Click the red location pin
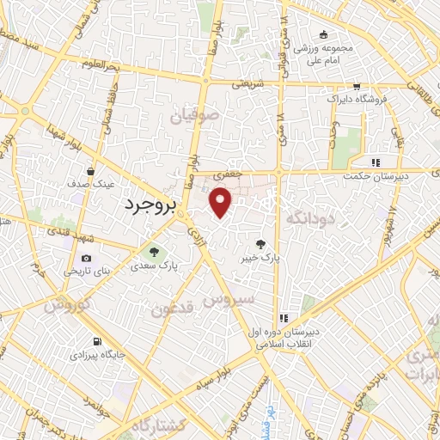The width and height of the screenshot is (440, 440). (222, 202)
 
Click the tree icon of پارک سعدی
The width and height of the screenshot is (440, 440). (154, 253)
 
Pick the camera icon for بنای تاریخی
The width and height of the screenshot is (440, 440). (86, 259)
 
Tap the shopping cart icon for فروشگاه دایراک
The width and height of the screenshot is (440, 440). (356, 88)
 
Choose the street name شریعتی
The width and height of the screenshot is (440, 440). (245, 84)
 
